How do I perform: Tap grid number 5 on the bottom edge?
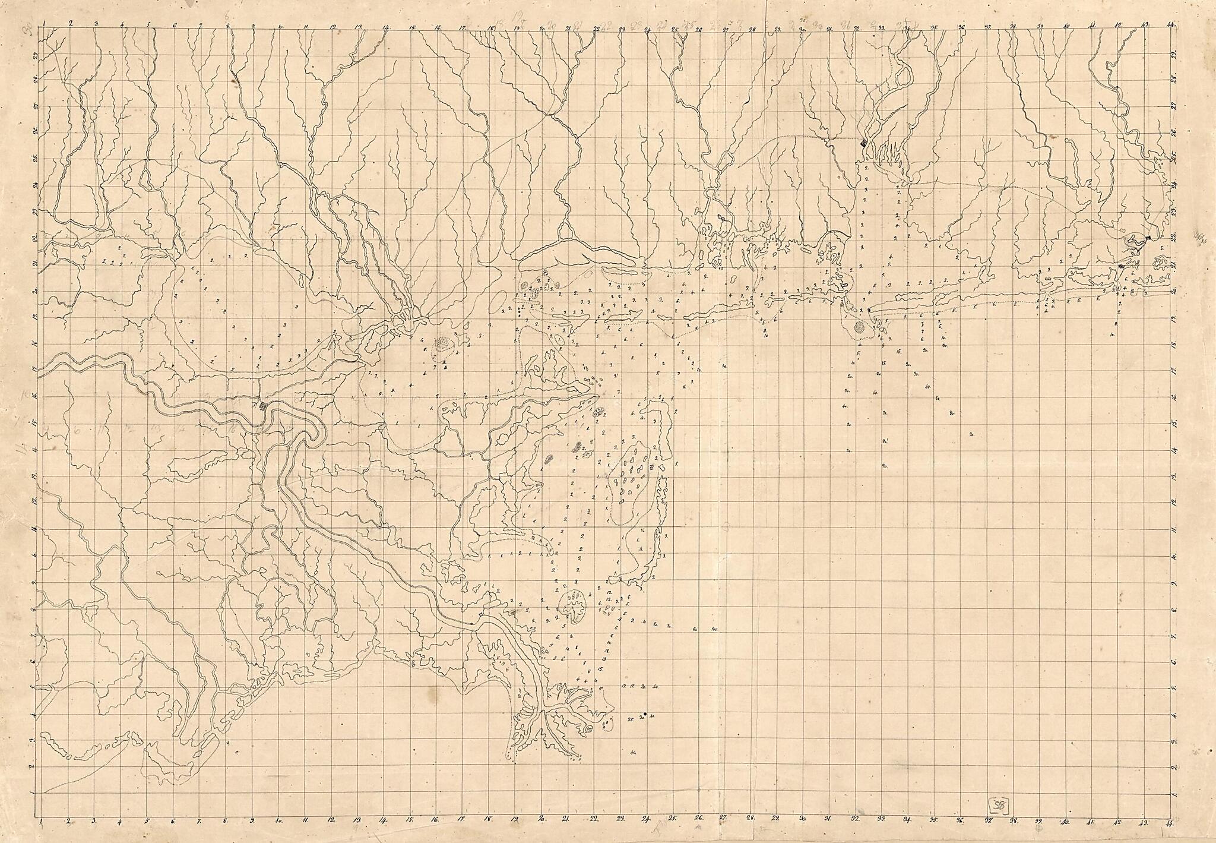pyautogui.click(x=147, y=824)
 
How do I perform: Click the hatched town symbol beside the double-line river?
pyautogui.click(x=261, y=406)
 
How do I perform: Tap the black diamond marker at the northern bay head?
pyautogui.click(x=863, y=143)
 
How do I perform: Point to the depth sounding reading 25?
pyautogui.click(x=630, y=719)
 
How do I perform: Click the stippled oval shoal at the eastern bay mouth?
pyautogui.click(x=859, y=327)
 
